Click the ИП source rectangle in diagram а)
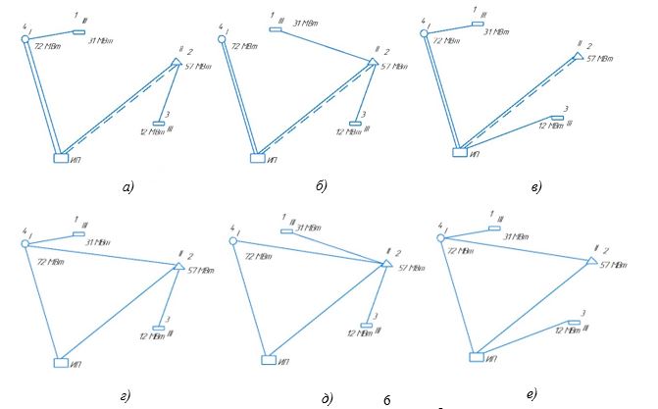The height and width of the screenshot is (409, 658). tap(62, 155)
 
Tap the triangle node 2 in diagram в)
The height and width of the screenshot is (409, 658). tap(575, 58)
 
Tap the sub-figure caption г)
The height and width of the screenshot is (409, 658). tap(125, 394)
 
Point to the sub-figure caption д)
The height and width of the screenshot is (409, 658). tap(327, 396)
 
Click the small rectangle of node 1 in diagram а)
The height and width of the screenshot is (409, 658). tap(78, 31)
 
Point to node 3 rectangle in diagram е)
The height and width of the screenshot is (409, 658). tap(572, 321)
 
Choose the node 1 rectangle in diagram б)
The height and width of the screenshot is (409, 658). tap(276, 30)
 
